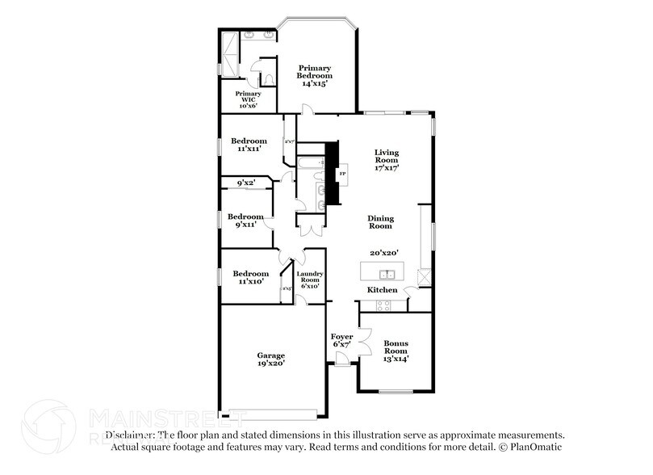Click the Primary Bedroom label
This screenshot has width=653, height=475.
(316, 76)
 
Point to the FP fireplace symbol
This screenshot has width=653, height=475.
(342, 174)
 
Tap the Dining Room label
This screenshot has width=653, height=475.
(380, 222)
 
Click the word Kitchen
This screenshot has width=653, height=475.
(382, 289)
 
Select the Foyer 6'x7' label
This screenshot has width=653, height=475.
(342, 340)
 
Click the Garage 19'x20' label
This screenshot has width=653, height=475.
(270, 359)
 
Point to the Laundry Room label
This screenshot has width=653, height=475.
(309, 279)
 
